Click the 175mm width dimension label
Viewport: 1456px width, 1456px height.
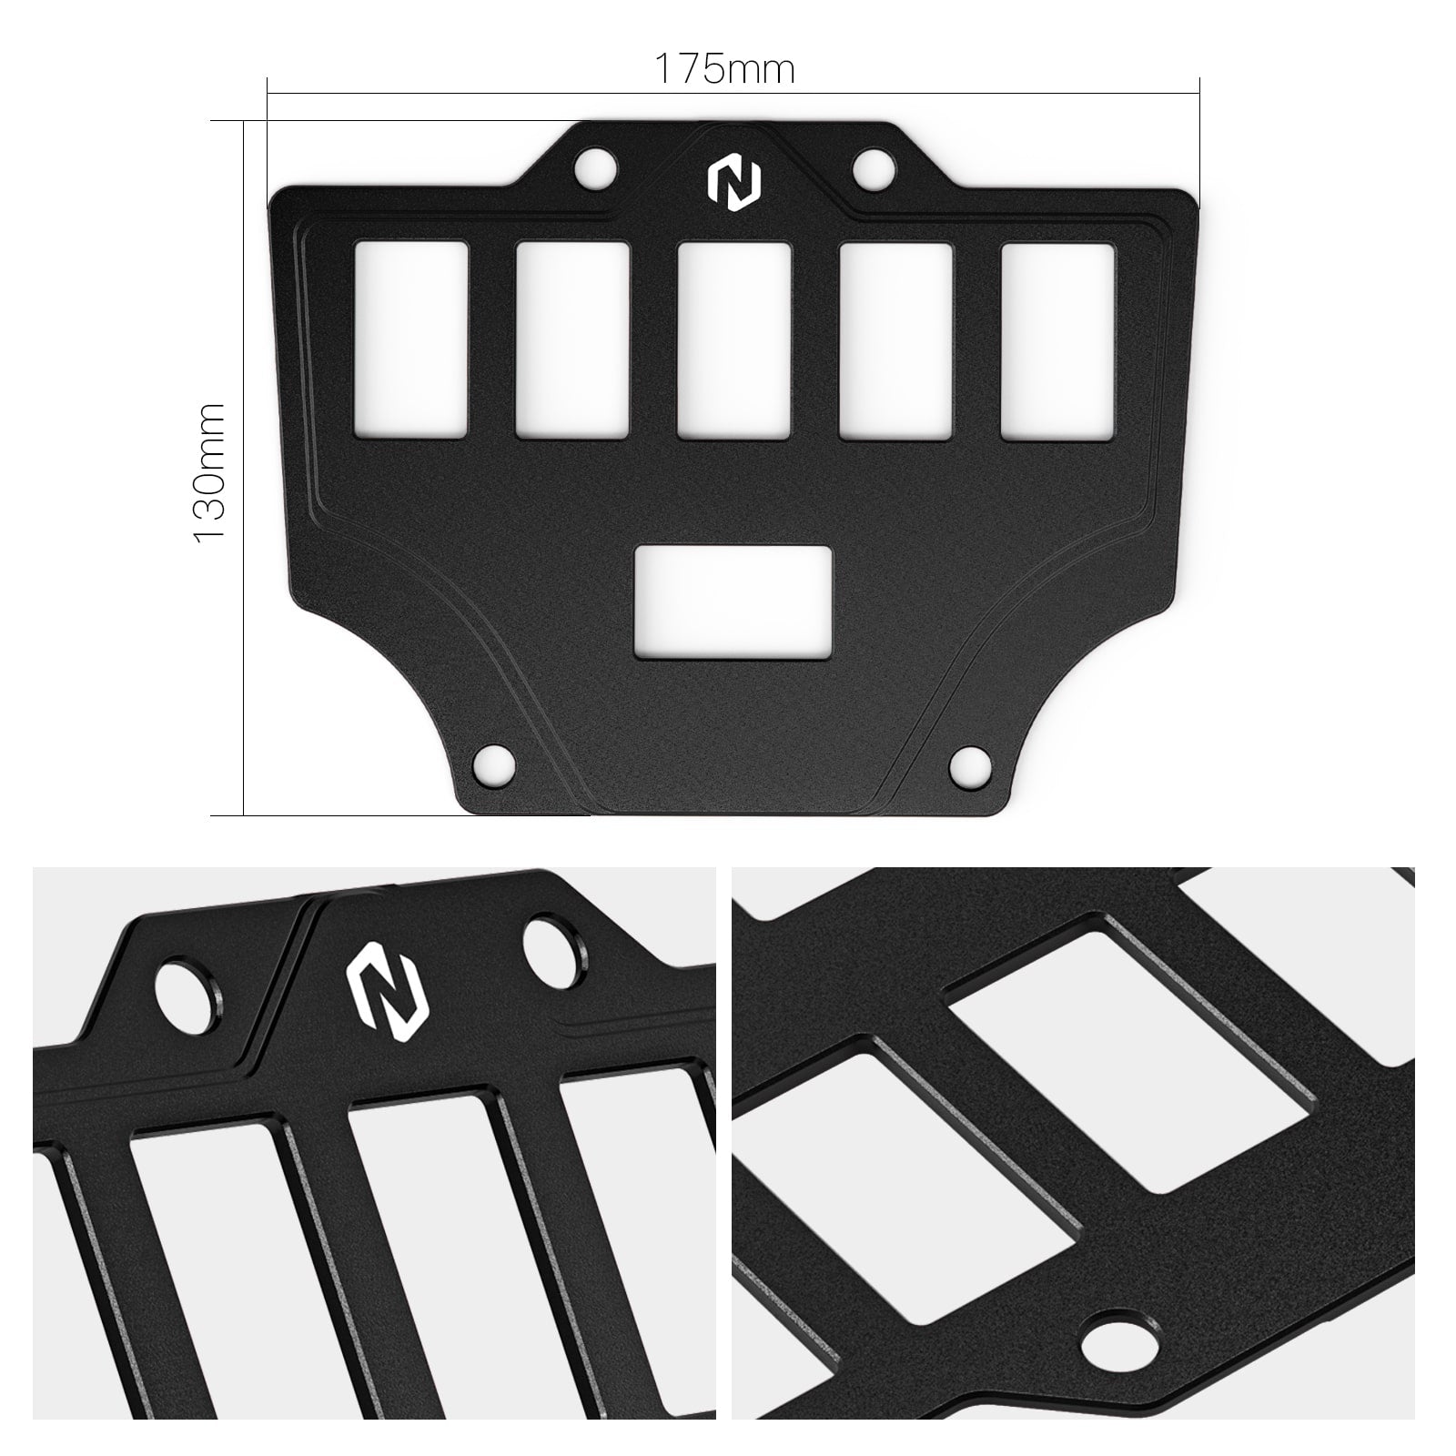click(x=724, y=69)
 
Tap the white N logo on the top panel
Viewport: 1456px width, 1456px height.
click(x=733, y=183)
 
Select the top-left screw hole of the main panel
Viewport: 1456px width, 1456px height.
click(x=595, y=167)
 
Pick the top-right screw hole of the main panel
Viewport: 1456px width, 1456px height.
click(x=873, y=167)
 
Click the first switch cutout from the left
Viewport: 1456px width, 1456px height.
click(x=410, y=339)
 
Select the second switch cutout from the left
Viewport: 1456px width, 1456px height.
click(x=572, y=339)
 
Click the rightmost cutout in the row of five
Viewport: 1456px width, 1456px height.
click(x=1057, y=339)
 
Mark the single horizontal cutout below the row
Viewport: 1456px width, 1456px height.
click(x=733, y=602)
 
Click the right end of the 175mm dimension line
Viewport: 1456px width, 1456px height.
click(x=1199, y=91)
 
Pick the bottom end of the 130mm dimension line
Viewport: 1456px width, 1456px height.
click(x=244, y=814)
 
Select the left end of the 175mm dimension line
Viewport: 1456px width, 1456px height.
click(x=268, y=91)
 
